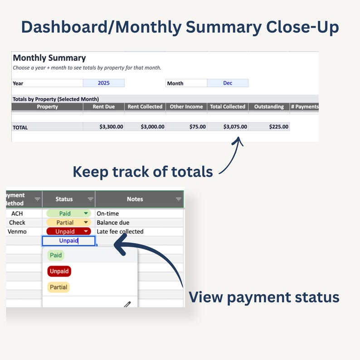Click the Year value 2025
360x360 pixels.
(x=104, y=83)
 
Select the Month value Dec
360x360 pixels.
(x=228, y=83)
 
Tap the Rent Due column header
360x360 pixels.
(x=104, y=107)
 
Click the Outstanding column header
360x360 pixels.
(x=269, y=107)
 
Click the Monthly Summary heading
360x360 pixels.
(x=49, y=58)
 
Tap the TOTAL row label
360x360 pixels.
(x=20, y=127)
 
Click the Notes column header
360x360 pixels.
(x=135, y=199)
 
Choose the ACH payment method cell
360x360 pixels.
(x=17, y=214)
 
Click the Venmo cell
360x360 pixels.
(x=17, y=232)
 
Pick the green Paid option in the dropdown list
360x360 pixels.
(x=56, y=255)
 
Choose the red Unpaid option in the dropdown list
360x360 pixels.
(x=59, y=272)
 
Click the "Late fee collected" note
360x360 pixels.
(x=120, y=232)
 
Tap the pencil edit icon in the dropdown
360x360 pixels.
(x=127, y=304)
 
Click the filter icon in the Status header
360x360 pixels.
(x=90, y=199)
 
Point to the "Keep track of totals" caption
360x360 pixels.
(x=143, y=172)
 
